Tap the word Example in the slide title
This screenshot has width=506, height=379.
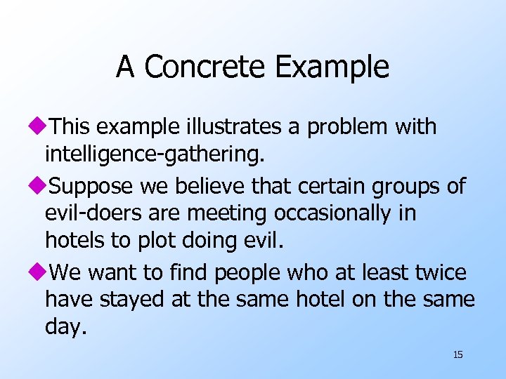point(332,67)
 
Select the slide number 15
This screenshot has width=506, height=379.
point(458,354)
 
